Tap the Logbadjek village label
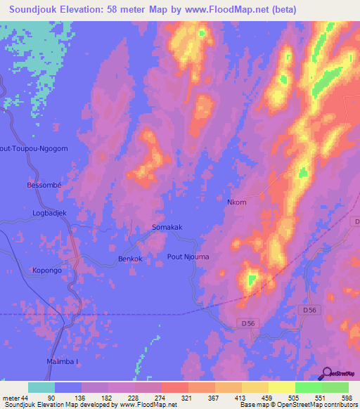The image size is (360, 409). (x=49, y=212)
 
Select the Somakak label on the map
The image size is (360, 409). (x=167, y=227)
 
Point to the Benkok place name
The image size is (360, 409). (x=130, y=259)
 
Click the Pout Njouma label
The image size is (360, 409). (x=188, y=257)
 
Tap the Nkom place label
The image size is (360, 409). (x=237, y=202)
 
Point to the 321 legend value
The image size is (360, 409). (x=186, y=397)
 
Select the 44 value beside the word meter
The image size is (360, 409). (x=25, y=397)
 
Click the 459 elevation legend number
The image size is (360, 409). (x=266, y=397)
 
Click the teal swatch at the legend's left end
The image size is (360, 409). (x=41, y=387)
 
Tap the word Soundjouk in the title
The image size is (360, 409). (x=40, y=10)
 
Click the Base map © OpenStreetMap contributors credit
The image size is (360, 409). (x=298, y=405)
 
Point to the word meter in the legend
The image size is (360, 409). (x=11, y=397)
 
